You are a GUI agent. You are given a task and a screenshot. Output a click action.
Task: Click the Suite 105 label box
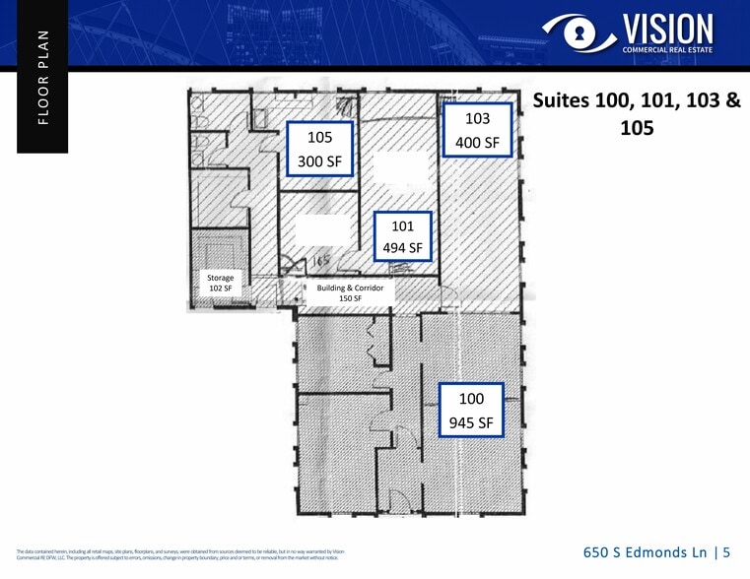click(x=319, y=149)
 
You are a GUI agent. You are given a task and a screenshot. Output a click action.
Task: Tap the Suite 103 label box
click(x=477, y=130)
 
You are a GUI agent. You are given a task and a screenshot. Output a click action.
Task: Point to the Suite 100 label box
click(x=471, y=411)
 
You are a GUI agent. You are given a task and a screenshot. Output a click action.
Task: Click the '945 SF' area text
click(x=471, y=424)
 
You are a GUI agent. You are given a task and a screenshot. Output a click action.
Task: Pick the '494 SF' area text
click(x=401, y=248)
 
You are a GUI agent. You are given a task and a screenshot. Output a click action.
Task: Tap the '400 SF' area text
click(x=477, y=143)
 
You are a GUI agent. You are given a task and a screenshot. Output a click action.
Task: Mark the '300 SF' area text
click(x=319, y=161)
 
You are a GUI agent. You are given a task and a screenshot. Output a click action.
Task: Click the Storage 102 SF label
click(x=220, y=283)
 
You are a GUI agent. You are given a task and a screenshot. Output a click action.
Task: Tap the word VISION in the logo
click(x=666, y=28)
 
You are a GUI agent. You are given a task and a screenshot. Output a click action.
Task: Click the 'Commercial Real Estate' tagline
click(x=666, y=48)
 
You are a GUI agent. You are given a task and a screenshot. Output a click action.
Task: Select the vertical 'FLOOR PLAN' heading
click(x=41, y=77)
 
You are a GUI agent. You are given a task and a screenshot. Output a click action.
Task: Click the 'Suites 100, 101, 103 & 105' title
click(x=636, y=114)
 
